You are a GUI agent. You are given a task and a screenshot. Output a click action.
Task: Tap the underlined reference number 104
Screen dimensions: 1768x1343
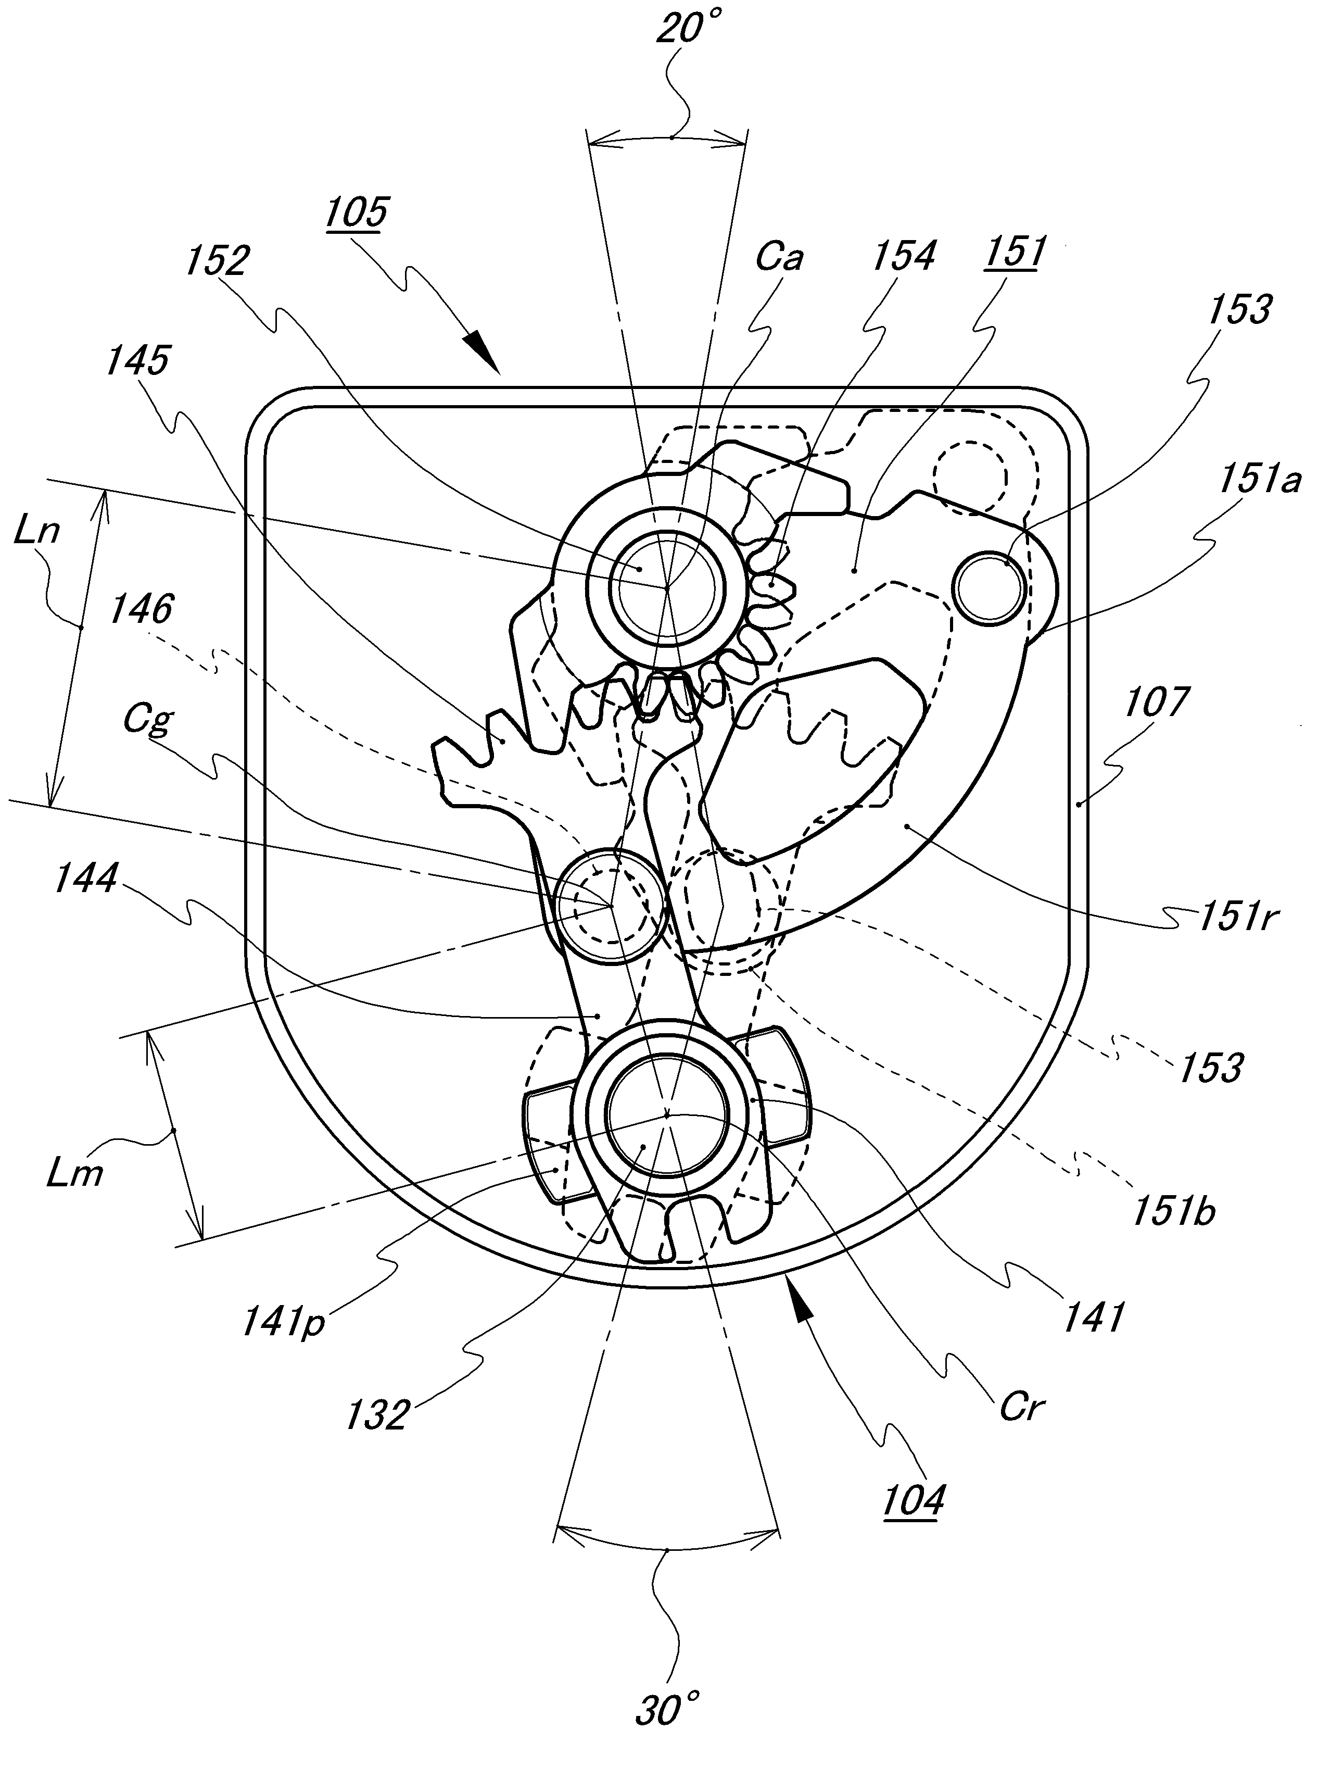(x=914, y=1500)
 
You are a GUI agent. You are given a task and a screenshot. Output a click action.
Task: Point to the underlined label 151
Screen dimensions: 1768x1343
(x=1015, y=254)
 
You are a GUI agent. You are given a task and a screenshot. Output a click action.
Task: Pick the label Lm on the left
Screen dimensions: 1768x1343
(x=73, y=1175)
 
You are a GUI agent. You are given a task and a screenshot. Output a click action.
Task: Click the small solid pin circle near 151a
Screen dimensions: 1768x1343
(x=989, y=588)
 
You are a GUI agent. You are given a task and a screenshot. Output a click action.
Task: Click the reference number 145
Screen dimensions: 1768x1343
(x=137, y=361)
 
